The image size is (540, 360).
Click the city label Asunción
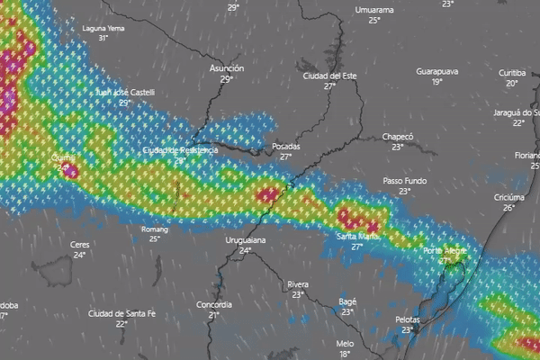(227, 68)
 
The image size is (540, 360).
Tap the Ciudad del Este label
(330, 76)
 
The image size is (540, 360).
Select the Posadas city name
(285, 146)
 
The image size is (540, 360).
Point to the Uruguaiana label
(244, 240)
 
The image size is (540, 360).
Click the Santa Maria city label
(357, 236)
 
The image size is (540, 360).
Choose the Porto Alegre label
(445, 249)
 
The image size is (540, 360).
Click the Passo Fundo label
(404, 181)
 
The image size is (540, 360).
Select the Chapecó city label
(397, 137)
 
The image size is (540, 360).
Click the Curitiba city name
(512, 72)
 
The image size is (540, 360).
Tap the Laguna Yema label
(103, 28)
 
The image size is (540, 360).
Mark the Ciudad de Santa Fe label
(121, 312)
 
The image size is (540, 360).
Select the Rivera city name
(298, 284)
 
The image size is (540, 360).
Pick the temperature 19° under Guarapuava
(437, 82)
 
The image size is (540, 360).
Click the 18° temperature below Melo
(345, 354)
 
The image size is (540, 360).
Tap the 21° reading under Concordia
(214, 316)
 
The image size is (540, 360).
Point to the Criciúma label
(509, 197)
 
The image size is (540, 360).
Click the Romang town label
(155, 229)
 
